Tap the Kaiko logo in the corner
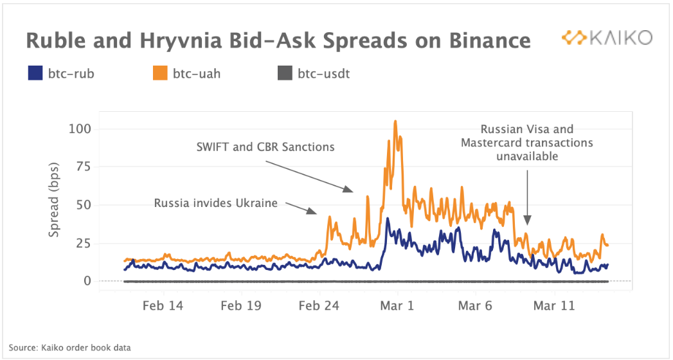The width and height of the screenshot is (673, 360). [606, 38]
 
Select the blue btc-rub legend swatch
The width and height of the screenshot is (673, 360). [35, 73]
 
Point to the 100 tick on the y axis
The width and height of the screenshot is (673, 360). [81, 129]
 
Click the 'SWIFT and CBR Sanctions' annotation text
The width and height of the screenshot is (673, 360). [265, 147]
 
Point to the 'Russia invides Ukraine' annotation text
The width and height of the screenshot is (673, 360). [216, 203]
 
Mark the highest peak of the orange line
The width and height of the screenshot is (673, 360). [395, 121]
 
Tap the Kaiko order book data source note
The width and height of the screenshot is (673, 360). [70, 348]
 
